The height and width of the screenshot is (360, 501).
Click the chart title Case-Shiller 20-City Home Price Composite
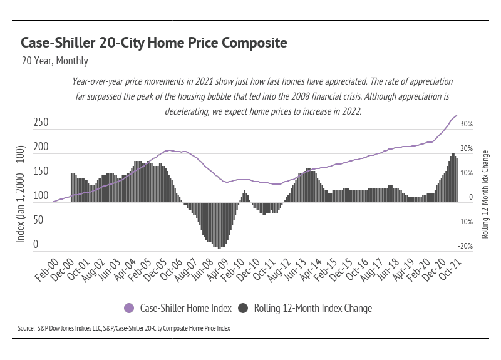pos(154,43)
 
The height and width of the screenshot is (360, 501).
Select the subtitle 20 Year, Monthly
pos(54,61)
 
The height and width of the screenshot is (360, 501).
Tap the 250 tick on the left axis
pos(41,123)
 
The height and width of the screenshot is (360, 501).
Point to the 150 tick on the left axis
pos(41,172)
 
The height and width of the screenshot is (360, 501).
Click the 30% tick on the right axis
pos(467,125)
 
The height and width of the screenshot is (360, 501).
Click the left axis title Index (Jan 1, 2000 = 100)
pos(20,196)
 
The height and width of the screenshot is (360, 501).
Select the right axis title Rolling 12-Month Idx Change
pos(485,194)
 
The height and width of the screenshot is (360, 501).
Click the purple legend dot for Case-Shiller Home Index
pos(130,308)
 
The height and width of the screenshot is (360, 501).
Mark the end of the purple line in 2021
pos(456,116)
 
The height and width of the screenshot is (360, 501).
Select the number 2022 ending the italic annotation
pos(349,110)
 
